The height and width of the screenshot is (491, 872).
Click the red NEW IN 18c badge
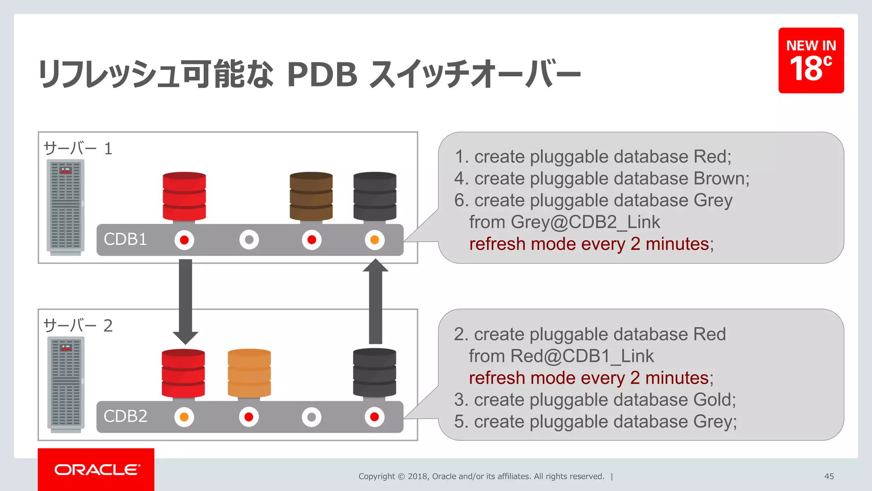(x=811, y=60)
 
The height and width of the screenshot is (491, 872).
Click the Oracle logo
(x=97, y=470)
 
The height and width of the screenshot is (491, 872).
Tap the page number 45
(x=829, y=476)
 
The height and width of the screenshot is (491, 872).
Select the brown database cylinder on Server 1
(x=311, y=196)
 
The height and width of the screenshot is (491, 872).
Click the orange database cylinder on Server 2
(x=249, y=373)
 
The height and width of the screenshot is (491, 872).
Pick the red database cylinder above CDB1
(x=184, y=196)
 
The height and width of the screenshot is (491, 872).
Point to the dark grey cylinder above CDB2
(x=374, y=373)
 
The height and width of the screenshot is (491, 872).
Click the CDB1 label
(x=125, y=240)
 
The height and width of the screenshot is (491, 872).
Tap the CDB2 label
(x=125, y=416)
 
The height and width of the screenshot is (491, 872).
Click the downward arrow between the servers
(x=185, y=300)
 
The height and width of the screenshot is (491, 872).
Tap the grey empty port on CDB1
(x=249, y=240)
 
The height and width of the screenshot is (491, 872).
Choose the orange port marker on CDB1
(x=374, y=240)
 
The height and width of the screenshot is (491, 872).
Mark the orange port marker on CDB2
(x=184, y=417)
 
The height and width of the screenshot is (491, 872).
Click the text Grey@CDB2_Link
(x=585, y=222)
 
